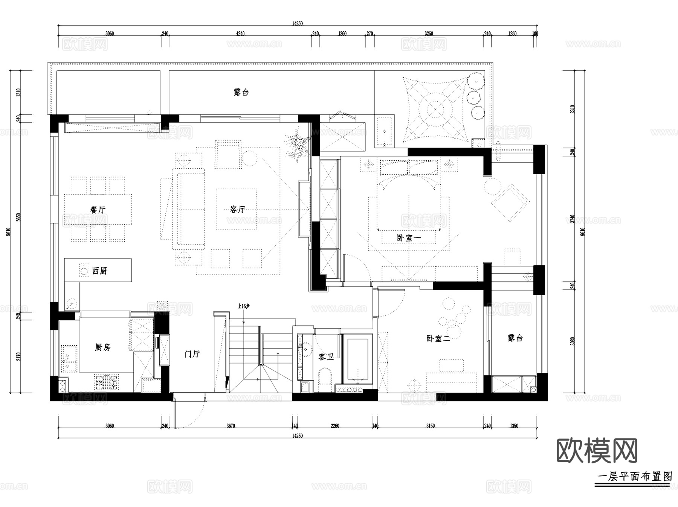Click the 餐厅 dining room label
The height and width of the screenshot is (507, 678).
coord(98,210)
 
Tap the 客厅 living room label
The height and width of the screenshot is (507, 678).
coord(238,209)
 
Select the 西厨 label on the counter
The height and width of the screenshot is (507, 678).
coord(99,271)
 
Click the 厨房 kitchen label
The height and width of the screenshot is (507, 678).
coord(102,347)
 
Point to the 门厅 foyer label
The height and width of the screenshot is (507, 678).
coord(192,354)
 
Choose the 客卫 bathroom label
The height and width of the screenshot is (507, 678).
coord(326,356)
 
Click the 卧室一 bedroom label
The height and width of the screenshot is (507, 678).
coord(408,238)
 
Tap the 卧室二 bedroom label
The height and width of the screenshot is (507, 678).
coord(438,338)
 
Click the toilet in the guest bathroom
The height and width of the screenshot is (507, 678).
coord(324,376)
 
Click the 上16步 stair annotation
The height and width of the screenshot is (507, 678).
coord(244,306)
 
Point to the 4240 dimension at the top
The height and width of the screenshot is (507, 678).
coord(240,33)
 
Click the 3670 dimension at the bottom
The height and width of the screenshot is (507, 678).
coord(231,426)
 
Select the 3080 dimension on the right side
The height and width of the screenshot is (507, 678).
coord(573,341)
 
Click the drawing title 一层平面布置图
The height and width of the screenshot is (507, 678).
coord(634,477)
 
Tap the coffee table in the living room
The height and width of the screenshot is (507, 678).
coord(236,209)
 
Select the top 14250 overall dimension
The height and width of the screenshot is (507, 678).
coord(297,23)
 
